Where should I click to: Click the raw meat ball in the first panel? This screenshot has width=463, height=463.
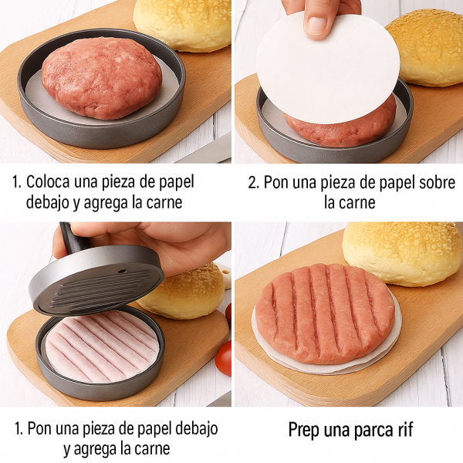point(102,78)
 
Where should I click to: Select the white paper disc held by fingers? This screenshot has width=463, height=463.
point(328,69)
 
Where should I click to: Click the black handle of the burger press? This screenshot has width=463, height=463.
point(72,238)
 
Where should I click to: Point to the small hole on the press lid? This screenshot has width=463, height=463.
point(122,271)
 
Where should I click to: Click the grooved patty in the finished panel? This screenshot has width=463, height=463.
point(325,313)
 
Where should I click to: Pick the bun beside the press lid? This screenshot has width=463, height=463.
point(184,292)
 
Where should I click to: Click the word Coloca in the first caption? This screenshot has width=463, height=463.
point(48,181)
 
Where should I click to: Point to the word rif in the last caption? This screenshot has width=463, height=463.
point(405,429)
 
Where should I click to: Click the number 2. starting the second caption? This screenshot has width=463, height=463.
point(254,182)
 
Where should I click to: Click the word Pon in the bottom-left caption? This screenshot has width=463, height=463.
point(39,428)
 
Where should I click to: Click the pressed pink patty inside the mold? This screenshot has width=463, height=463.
point(102,346)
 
